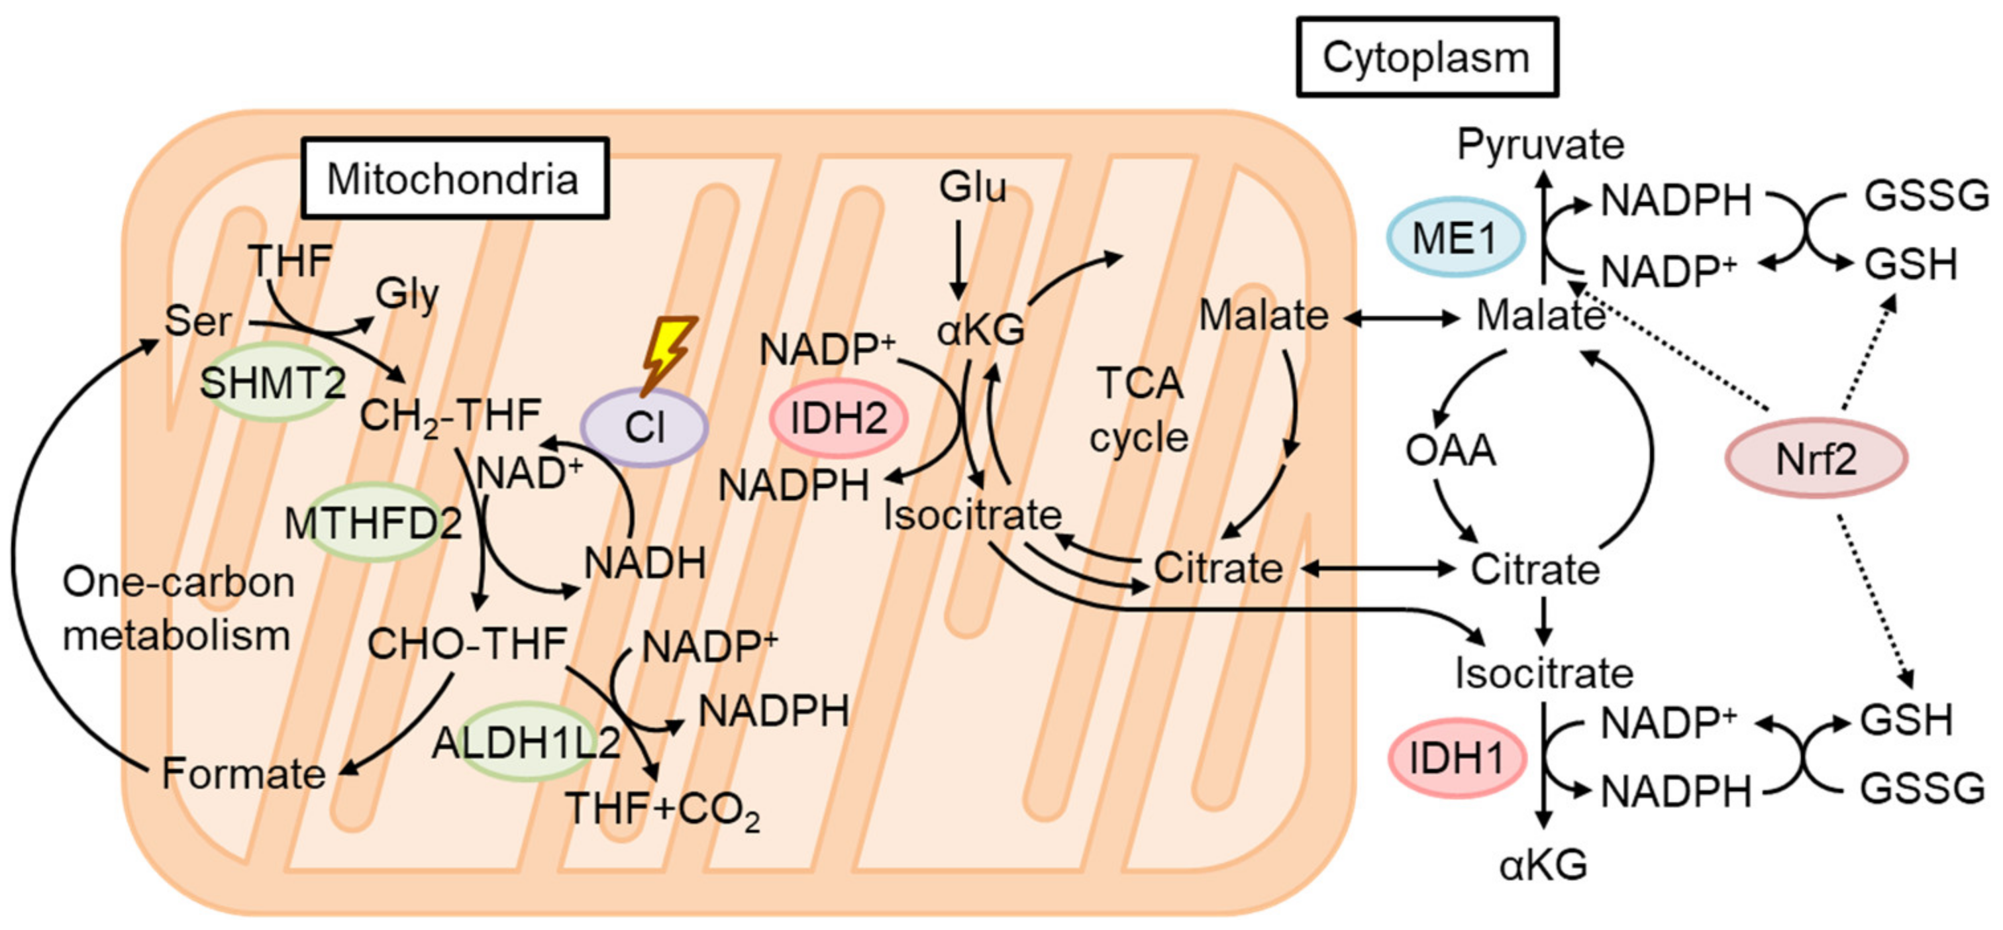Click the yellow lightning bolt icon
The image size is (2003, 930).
pos(668,354)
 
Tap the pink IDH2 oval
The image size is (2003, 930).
pos(838,419)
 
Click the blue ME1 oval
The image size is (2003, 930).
pos(1454,237)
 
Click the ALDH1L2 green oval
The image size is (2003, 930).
pos(527,742)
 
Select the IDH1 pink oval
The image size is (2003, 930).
pos(1457,757)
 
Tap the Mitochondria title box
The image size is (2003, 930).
pos(454,178)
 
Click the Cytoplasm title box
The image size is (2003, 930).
pos(1427,58)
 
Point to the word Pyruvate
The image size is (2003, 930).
pos(1541,144)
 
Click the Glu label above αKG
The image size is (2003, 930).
pos(972,187)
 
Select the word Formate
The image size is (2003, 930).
pos(243,774)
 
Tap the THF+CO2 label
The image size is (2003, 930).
pos(662,810)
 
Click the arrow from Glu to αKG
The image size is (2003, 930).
pos(958,260)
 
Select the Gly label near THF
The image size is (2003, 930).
pos(407,294)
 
